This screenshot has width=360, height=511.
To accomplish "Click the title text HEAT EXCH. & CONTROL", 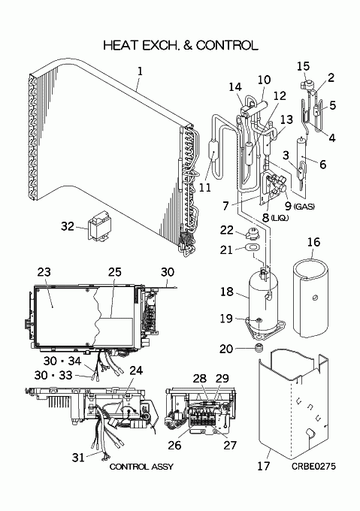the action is coord(181,45).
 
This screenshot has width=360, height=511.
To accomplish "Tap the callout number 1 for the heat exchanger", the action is coord(140,71).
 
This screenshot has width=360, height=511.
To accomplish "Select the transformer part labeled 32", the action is coord(99,225).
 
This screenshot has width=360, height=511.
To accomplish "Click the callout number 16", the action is coord(313,242).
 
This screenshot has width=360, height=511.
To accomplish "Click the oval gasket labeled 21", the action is coord(253,248).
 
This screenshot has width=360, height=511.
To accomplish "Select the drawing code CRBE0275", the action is coord(313,466).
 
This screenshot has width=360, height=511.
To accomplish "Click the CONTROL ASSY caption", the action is coord(141,467).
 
